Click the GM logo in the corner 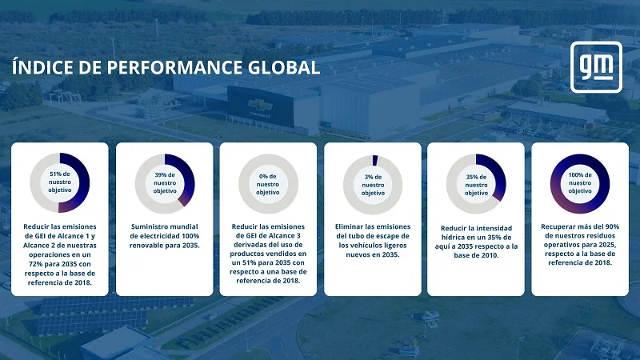tap(596, 67)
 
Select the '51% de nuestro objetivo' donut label tap(59, 182)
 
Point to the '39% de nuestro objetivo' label tap(165, 183)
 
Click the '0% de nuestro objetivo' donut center tap(268, 184)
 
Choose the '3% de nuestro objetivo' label tap(373, 185)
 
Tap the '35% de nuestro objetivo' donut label tap(476, 185)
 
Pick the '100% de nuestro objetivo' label tap(580, 183)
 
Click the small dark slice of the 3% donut tap(375, 161)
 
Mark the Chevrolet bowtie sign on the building tap(261, 105)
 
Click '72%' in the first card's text tap(36, 264)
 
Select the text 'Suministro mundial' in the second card tap(165, 226)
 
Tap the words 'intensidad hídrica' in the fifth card tap(476, 233)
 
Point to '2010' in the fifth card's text tap(490, 255)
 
